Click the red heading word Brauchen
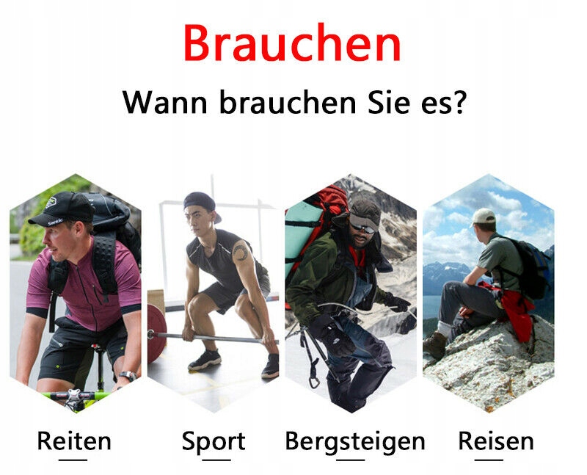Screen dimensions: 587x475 [x=292, y=43]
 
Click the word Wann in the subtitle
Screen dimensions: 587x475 [x=164, y=102]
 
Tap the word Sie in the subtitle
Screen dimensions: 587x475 [x=389, y=101]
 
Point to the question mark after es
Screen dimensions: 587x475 [x=459, y=101]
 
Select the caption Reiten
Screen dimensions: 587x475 [x=74, y=440]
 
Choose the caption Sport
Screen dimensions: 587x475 [x=214, y=442]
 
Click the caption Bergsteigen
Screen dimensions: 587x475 [x=355, y=442]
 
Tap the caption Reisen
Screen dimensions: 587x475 [x=496, y=440]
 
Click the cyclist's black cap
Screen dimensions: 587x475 [x=63, y=209]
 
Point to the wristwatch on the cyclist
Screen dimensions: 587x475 [x=128, y=375]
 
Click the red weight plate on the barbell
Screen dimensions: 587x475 [x=156, y=334]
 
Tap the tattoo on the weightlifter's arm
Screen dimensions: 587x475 [x=241, y=251]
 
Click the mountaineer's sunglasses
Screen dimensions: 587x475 [x=362, y=228]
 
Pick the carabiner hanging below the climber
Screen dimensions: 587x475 [x=314, y=380]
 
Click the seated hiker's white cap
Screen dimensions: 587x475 [x=483, y=217]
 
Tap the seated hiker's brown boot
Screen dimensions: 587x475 [x=434, y=344]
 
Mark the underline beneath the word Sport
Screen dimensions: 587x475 [x=216, y=460]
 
